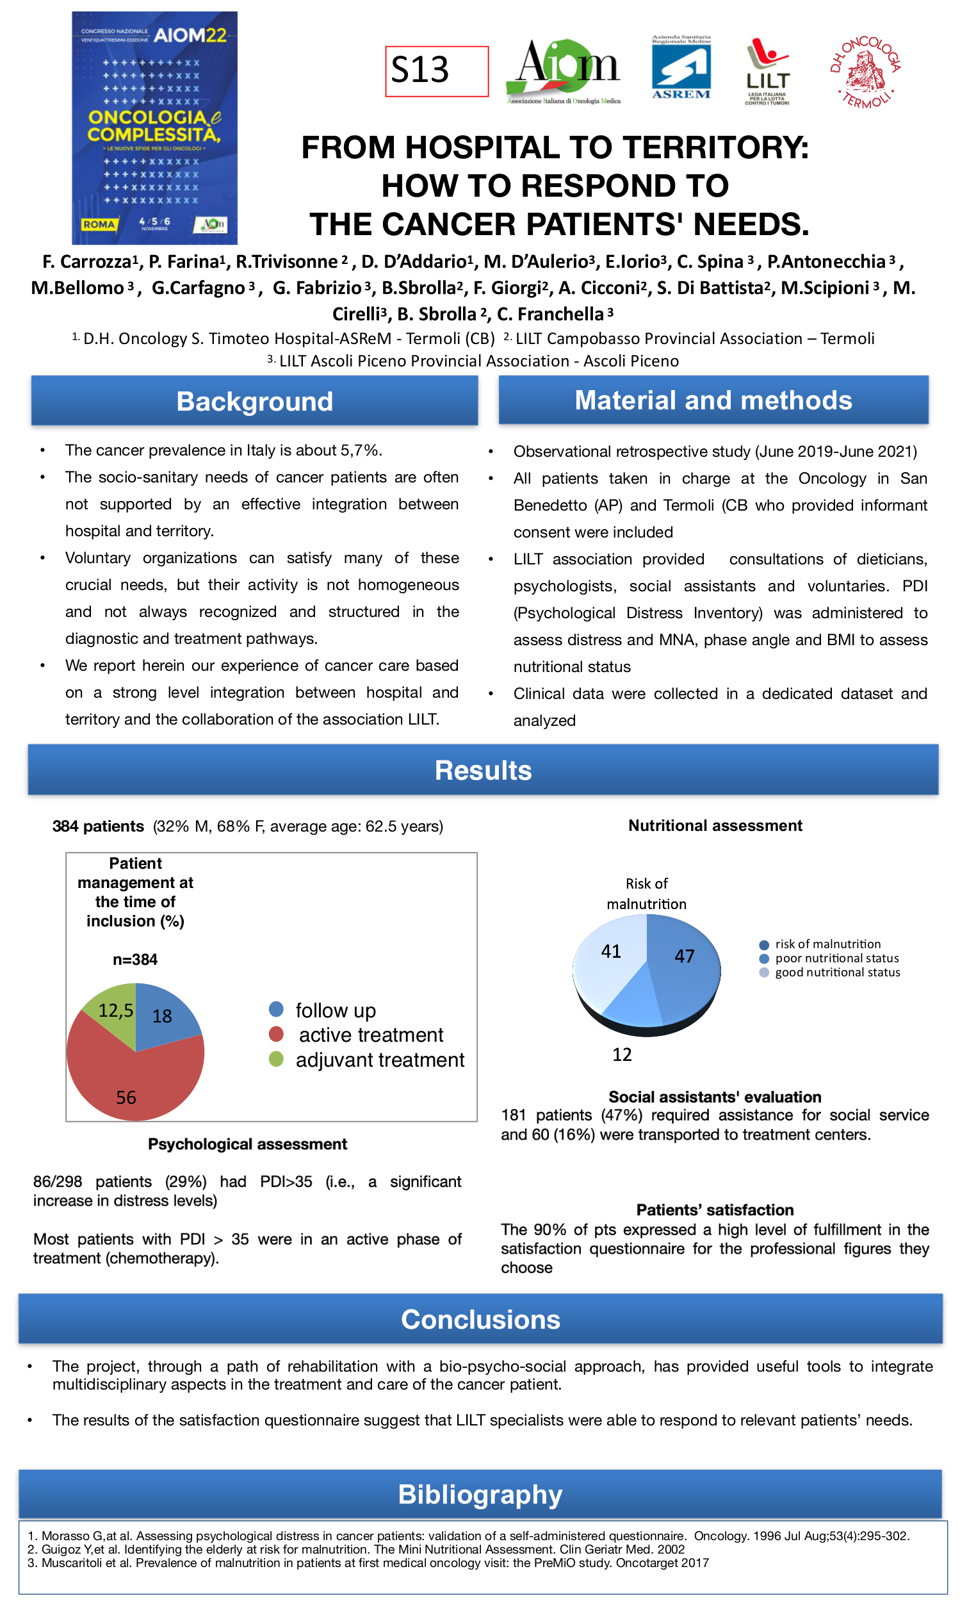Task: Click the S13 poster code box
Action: (x=437, y=71)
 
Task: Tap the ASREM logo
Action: (x=681, y=67)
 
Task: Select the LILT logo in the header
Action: (x=767, y=71)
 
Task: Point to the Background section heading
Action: (x=254, y=401)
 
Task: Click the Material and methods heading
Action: (x=713, y=400)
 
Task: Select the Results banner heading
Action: (x=483, y=770)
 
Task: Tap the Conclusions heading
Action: (x=480, y=1319)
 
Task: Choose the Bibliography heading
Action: (x=480, y=1493)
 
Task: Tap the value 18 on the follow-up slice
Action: (x=162, y=1016)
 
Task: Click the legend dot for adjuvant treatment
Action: (x=276, y=1060)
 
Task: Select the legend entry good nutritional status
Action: (x=837, y=972)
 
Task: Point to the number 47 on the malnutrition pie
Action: (x=685, y=956)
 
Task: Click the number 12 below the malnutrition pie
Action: (x=622, y=1054)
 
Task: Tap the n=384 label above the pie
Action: (x=134, y=959)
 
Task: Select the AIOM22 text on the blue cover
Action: (x=190, y=35)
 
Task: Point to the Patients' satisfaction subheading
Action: (x=714, y=1210)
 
